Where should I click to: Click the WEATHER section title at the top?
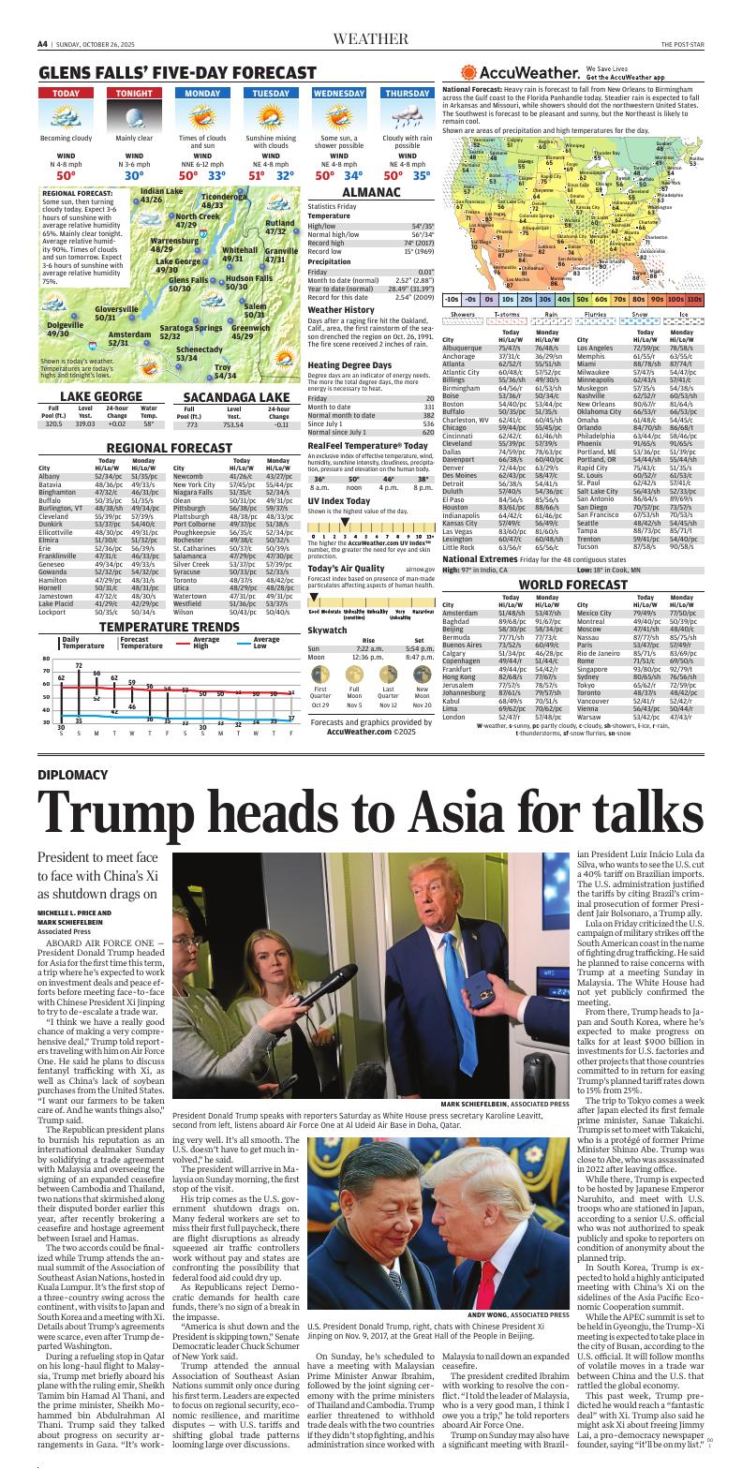pos(371,39)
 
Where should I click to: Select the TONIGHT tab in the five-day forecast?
pos(134,94)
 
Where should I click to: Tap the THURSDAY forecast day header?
pos(407,94)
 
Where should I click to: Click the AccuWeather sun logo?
pos(469,73)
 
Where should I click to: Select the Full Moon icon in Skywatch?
pos(354,701)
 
